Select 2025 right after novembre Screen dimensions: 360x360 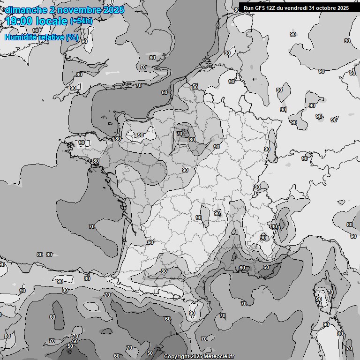112,10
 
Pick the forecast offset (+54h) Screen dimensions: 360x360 81,21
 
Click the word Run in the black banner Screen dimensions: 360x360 248,8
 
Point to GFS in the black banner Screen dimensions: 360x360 260,8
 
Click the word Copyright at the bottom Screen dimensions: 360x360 176,356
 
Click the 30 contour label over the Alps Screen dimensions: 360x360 274,226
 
